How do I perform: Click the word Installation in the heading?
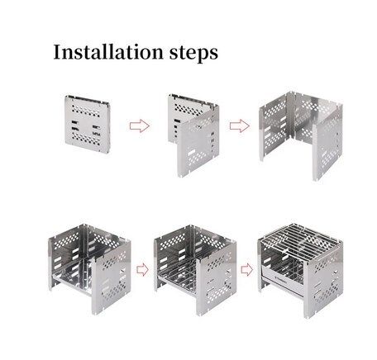coord(108,52)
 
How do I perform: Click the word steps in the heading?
coord(193,53)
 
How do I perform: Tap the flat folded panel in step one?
coord(88,124)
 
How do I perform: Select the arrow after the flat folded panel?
coord(140,126)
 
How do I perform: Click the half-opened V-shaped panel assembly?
coord(193,135)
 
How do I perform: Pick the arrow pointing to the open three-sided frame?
coord(240,126)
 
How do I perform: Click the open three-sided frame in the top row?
coord(301,135)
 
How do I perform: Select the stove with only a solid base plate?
coord(89,269)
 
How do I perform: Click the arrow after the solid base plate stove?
coord(142,270)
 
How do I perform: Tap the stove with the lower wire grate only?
coord(195,270)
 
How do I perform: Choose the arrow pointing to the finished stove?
coord(247,270)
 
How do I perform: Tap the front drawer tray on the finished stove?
coord(283,281)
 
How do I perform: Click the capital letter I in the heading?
coord(57,52)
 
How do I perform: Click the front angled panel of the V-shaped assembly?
coord(198,142)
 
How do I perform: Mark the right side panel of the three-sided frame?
coord(328,143)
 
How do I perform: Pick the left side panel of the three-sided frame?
coord(275,130)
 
